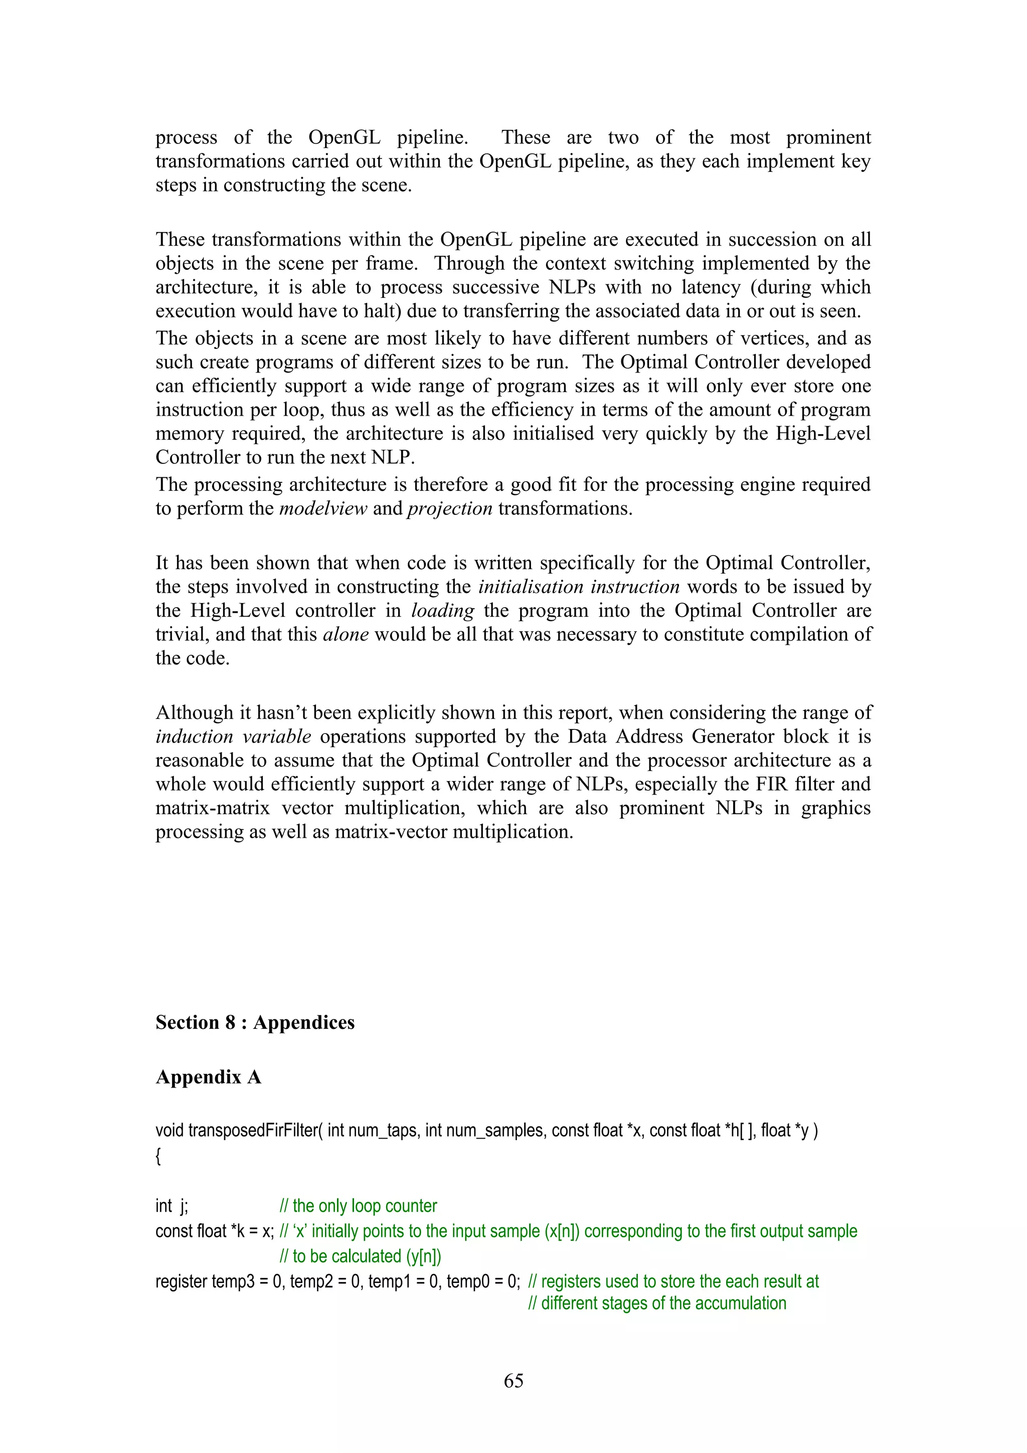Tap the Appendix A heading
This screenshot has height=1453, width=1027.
[208, 1077]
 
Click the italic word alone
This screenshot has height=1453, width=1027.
[346, 634]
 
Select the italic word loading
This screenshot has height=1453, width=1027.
[442, 611]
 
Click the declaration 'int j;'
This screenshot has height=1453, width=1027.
[172, 1206]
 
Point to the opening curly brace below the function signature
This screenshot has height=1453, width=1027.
[158, 1157]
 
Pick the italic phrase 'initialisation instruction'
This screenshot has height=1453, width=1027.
[578, 587]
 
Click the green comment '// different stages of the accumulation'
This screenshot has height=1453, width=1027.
[657, 1304]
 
